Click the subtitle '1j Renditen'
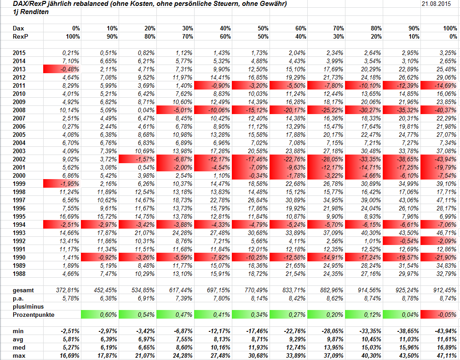pos(31,12)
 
